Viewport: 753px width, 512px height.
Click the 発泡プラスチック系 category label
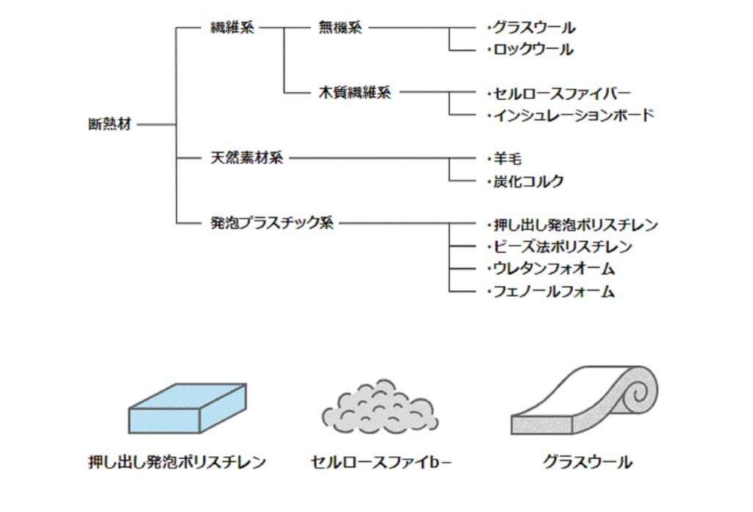point(271,223)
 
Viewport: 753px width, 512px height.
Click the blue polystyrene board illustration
point(188,408)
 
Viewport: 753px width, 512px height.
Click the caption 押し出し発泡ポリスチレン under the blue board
point(176,463)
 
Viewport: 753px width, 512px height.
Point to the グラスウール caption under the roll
point(587,463)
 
